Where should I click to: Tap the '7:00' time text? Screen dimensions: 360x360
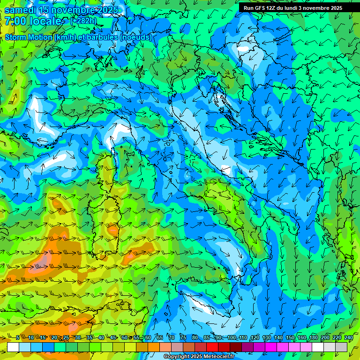click(16, 21)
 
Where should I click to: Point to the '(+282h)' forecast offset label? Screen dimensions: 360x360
click(83, 21)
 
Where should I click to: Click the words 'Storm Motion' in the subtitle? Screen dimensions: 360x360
click(28, 37)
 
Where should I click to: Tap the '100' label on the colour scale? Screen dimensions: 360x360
click(231, 338)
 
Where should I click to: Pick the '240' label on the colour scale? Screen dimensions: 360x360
click(348, 338)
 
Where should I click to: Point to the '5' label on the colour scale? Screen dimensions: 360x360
click(18, 338)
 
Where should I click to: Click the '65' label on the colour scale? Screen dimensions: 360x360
click(160, 338)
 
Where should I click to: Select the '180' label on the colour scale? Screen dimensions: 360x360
click(313, 338)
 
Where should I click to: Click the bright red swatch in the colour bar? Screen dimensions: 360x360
click(212, 347)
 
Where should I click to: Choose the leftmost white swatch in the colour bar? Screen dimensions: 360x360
click(13, 347)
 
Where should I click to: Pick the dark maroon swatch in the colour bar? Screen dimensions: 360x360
click(236, 347)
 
